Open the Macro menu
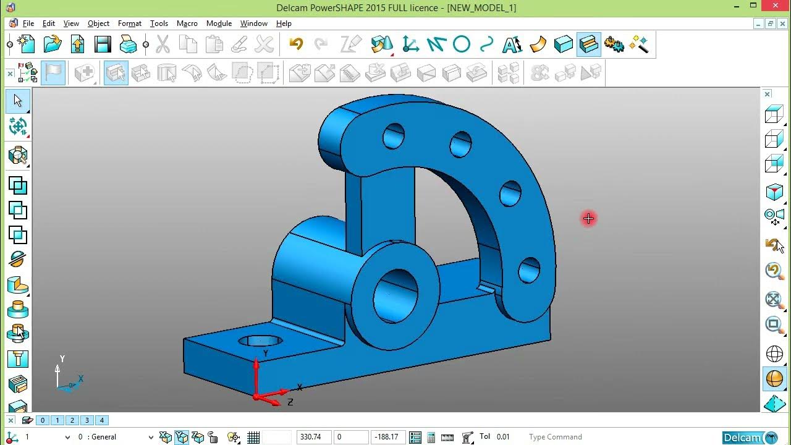[187, 23]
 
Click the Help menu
[284, 23]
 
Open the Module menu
[219, 23]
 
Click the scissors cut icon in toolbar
[163, 44]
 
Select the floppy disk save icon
[103, 44]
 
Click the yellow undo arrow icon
[296, 44]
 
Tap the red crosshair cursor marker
[588, 218]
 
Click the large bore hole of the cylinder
[395, 295]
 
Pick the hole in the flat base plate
[260, 341]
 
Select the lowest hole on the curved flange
[529, 270]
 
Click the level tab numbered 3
[87, 420]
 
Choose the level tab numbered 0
[43, 420]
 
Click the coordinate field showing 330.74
[313, 437]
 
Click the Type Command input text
[555, 437]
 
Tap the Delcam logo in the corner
[750, 438]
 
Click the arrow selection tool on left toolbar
[18, 101]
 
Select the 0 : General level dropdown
[114, 437]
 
